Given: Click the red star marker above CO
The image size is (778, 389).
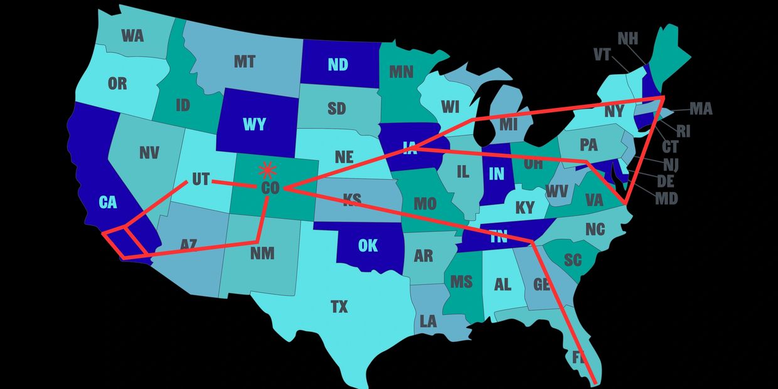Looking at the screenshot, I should (268, 169).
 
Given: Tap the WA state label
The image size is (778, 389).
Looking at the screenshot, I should (132, 35).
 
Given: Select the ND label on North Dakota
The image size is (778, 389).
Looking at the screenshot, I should (338, 64).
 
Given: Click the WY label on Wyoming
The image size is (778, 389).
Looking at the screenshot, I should (254, 124).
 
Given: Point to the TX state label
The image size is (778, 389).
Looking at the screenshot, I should (339, 307).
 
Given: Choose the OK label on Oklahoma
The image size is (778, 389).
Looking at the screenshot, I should (368, 245).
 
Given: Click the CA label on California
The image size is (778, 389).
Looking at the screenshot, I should (108, 202).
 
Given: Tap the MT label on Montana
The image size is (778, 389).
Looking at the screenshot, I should (244, 61).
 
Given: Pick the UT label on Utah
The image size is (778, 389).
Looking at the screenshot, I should (200, 179).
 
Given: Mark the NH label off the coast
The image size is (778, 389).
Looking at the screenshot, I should (627, 39).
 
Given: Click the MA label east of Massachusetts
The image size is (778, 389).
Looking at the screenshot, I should (701, 109).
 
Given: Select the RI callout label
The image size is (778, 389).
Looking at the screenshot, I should (684, 131).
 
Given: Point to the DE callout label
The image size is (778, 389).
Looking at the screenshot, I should (665, 181).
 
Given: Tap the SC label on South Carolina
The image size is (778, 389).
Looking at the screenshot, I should (572, 260).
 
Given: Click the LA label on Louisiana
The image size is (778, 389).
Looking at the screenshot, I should (428, 322).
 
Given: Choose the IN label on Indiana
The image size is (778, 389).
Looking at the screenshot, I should (496, 173).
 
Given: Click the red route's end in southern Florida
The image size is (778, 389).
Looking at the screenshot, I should (595, 381).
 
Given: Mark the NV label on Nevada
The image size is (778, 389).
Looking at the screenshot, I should (149, 152).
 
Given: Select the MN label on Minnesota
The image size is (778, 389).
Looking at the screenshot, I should (401, 72).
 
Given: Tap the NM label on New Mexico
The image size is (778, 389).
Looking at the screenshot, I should (262, 253).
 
